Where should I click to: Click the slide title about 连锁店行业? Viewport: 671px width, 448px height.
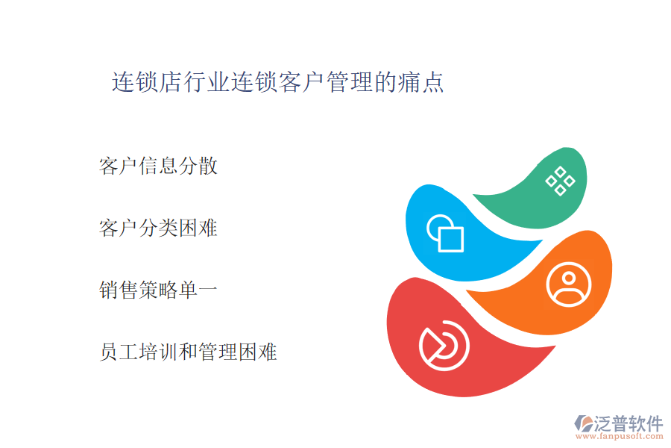point(278,82)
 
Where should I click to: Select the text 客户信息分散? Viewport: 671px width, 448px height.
point(158,166)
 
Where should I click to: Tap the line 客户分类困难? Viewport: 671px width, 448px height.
point(158,228)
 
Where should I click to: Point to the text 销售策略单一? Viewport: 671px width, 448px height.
point(158,290)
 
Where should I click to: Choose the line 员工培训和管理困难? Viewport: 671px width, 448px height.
point(189,352)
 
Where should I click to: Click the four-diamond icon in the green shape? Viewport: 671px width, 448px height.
point(560,181)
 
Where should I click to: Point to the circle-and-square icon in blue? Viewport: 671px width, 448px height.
point(446,233)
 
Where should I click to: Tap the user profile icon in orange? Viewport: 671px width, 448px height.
point(569,284)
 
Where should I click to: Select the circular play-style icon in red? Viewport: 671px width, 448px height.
point(444,346)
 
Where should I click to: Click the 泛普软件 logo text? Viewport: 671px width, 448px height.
point(629,423)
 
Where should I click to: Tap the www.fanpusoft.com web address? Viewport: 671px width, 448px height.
point(620,436)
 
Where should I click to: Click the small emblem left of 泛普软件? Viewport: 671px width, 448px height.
point(583,423)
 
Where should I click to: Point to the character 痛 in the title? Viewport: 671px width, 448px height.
point(408,82)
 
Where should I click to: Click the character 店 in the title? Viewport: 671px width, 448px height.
point(171,82)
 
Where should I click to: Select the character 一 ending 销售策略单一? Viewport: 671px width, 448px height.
point(208,290)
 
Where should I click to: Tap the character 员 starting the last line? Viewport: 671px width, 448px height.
point(109,352)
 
